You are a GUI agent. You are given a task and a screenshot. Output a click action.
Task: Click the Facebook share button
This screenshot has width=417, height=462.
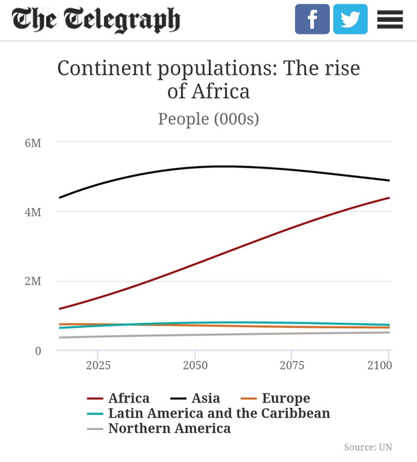coord(312,19)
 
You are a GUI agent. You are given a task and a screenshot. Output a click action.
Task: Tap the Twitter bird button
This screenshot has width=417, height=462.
coord(350,19)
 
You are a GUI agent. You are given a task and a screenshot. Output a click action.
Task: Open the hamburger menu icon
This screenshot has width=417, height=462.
coord(390,20)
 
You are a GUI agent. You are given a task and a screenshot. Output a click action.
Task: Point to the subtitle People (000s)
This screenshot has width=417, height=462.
coord(208,118)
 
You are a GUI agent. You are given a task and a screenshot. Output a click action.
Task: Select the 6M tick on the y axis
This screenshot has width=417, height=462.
coord(33,143)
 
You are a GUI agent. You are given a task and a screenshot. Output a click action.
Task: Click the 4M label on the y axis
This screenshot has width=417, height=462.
coord(33,212)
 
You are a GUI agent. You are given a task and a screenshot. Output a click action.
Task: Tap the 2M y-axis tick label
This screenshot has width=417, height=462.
coord(33,281)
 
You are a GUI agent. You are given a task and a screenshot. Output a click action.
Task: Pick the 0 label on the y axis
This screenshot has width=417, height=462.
coord(38,351)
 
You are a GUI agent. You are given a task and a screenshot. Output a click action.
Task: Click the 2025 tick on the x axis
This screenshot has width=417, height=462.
coord(98,365)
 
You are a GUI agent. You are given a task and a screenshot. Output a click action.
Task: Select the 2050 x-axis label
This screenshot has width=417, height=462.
coord(195,365)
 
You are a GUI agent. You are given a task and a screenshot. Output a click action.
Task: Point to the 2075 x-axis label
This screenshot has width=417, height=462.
coord(292,365)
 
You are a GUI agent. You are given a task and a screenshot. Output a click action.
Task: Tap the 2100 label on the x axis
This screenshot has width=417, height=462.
coord(379,365)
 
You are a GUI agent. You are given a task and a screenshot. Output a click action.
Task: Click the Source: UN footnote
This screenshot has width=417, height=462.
coord(368,447)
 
